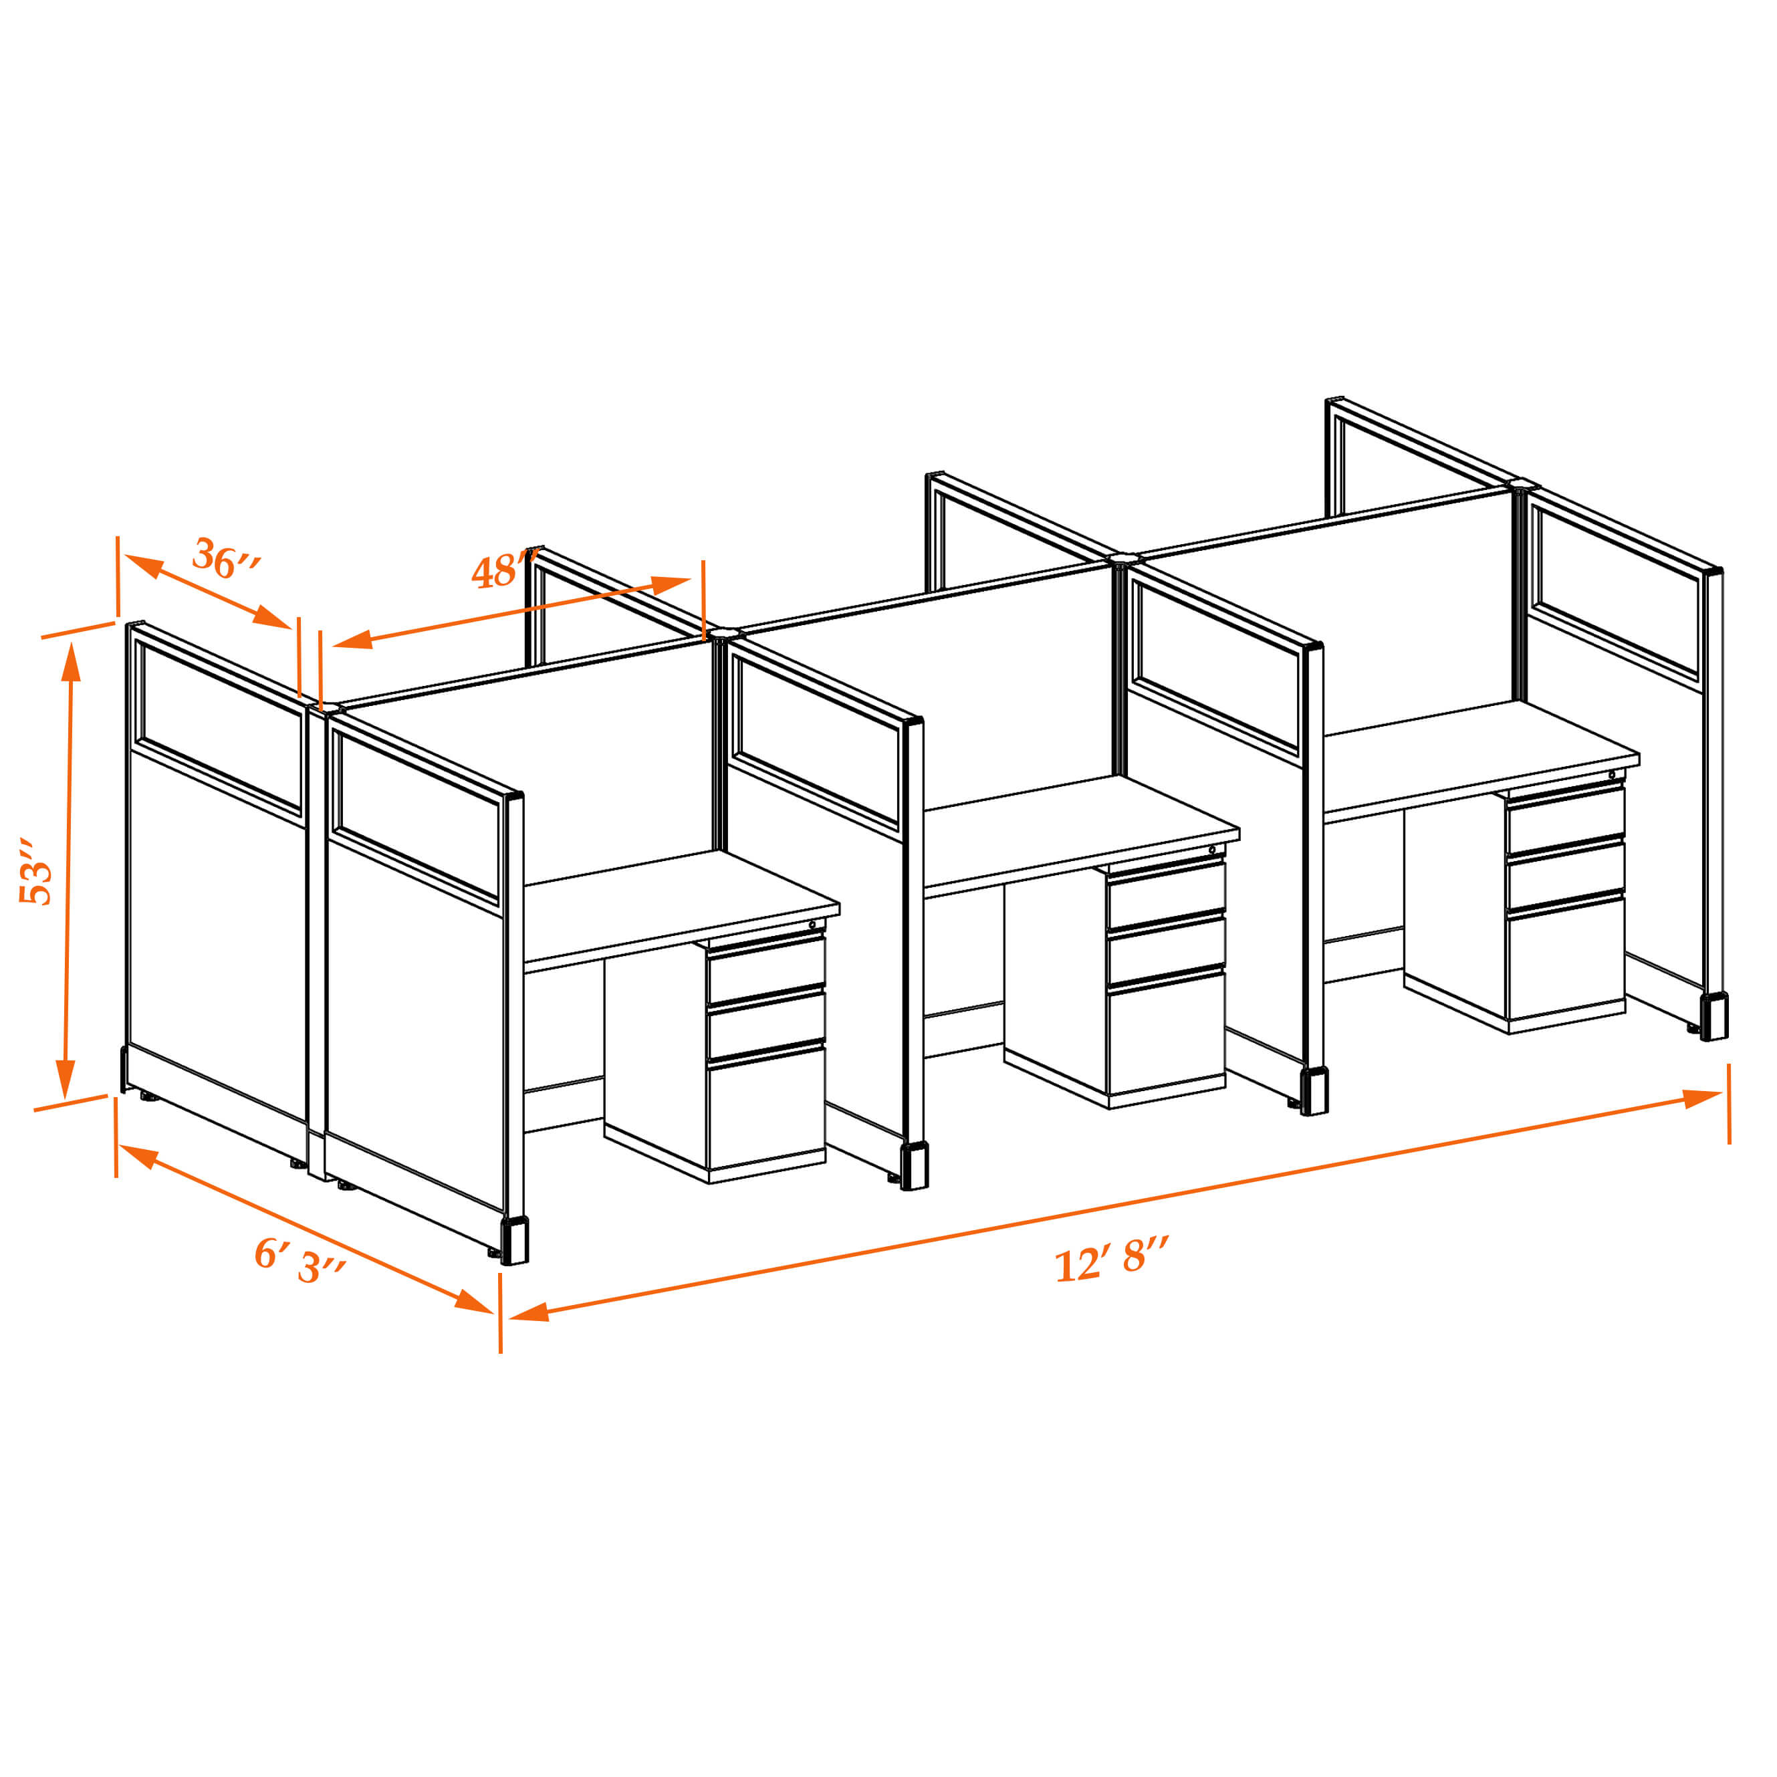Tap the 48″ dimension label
(504, 570)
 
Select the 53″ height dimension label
(36, 871)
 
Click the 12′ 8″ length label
(1112, 1258)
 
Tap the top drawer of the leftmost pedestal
(766, 969)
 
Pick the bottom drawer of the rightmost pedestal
(1566, 957)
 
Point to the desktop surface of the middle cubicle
(1082, 833)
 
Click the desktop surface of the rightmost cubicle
(1482, 758)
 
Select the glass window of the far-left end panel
(219, 727)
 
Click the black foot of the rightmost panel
(1713, 1016)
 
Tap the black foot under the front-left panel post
(514, 1241)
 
